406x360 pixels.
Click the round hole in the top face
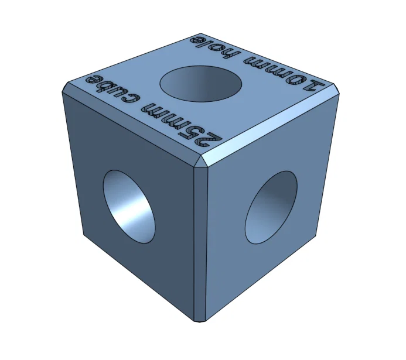coord(201,83)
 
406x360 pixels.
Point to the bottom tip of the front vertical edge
coord(200,321)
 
